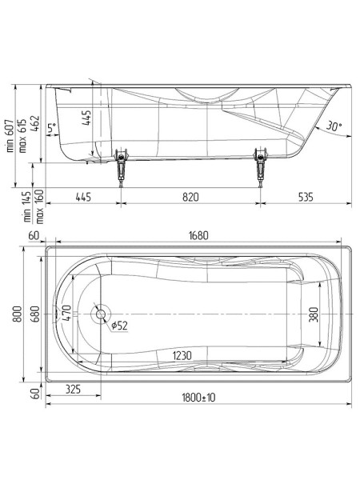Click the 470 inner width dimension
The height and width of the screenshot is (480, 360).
point(67,313)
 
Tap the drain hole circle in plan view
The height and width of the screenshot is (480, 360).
point(101,314)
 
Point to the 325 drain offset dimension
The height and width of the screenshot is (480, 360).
point(73,390)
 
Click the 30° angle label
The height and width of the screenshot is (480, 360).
point(334,125)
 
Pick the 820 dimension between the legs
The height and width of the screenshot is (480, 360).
point(190,195)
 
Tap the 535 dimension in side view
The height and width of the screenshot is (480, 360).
point(306,195)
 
